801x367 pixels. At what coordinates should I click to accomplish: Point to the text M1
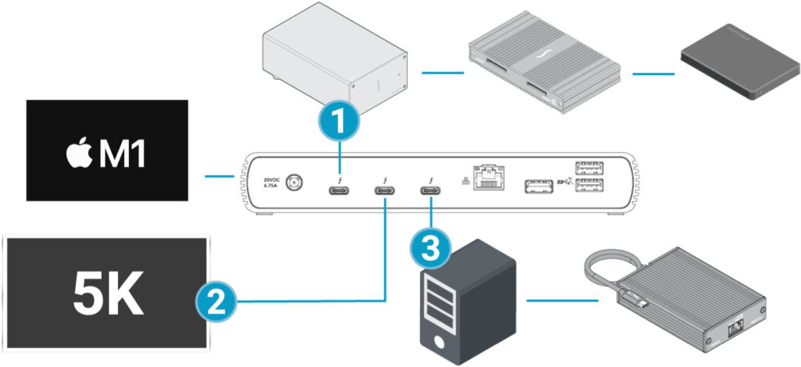[125, 152]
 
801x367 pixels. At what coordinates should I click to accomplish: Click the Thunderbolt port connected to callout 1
[339, 191]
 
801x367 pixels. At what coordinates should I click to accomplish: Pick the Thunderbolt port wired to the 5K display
[384, 191]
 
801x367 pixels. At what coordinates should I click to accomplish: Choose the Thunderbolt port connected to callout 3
[430, 191]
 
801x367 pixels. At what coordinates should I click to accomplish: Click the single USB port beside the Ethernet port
[536, 186]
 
